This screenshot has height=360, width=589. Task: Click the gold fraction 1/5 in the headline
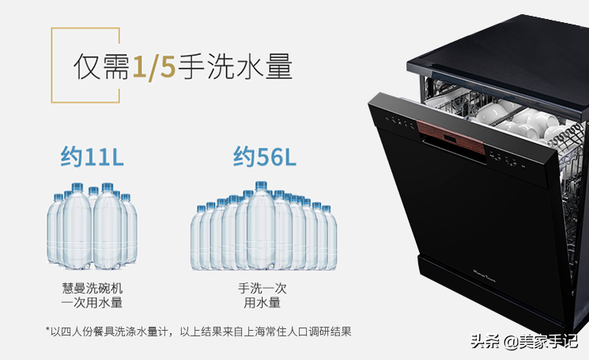154,67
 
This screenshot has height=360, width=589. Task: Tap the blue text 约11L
92,157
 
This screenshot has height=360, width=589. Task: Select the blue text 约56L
264,157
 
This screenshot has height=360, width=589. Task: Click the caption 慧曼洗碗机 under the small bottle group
92,288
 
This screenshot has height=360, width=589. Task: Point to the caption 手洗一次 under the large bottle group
262,288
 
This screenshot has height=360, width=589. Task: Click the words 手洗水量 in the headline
235,67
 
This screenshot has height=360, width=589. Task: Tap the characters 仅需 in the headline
101,67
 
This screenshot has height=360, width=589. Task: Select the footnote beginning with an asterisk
198,332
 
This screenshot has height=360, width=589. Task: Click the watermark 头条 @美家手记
523,342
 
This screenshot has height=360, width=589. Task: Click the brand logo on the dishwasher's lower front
484,276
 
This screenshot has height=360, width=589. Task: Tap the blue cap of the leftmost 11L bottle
59,197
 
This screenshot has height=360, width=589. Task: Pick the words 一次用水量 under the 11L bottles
92,302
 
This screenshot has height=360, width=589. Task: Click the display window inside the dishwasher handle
450,140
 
